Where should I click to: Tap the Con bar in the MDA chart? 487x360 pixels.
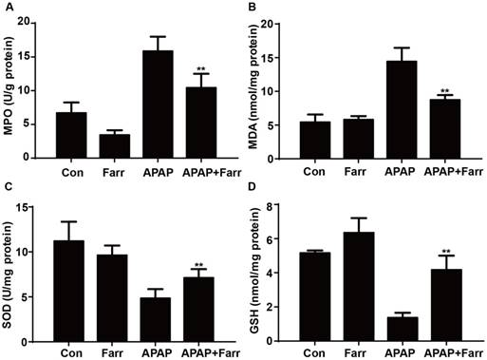pyautogui.click(x=315, y=140)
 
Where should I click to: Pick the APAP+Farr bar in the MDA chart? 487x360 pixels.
pyautogui.click(x=445, y=129)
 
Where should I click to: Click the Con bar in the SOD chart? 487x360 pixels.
pyautogui.click(x=69, y=292)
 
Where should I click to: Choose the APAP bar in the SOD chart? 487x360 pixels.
pyautogui.click(x=156, y=320)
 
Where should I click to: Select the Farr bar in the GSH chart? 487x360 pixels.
pyautogui.click(x=359, y=287)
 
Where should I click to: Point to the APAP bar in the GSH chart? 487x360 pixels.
pyautogui.click(x=403, y=329)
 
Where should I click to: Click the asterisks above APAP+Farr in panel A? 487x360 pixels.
pyautogui.click(x=201, y=69)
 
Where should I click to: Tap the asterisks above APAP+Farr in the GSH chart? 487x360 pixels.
pyautogui.click(x=446, y=252)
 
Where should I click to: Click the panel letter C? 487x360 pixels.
pyautogui.click(x=9, y=187)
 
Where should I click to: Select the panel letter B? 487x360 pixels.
pyautogui.click(x=253, y=7)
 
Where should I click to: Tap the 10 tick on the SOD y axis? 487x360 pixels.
pyautogui.click(x=26, y=252)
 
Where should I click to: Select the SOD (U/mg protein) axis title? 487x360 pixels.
pyautogui.click(x=9, y=275)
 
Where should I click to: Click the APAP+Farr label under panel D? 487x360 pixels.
pyautogui.click(x=453, y=352)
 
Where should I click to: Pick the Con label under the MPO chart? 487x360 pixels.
pyautogui.click(x=72, y=173)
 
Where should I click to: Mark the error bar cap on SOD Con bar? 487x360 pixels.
pyautogui.click(x=69, y=221)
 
